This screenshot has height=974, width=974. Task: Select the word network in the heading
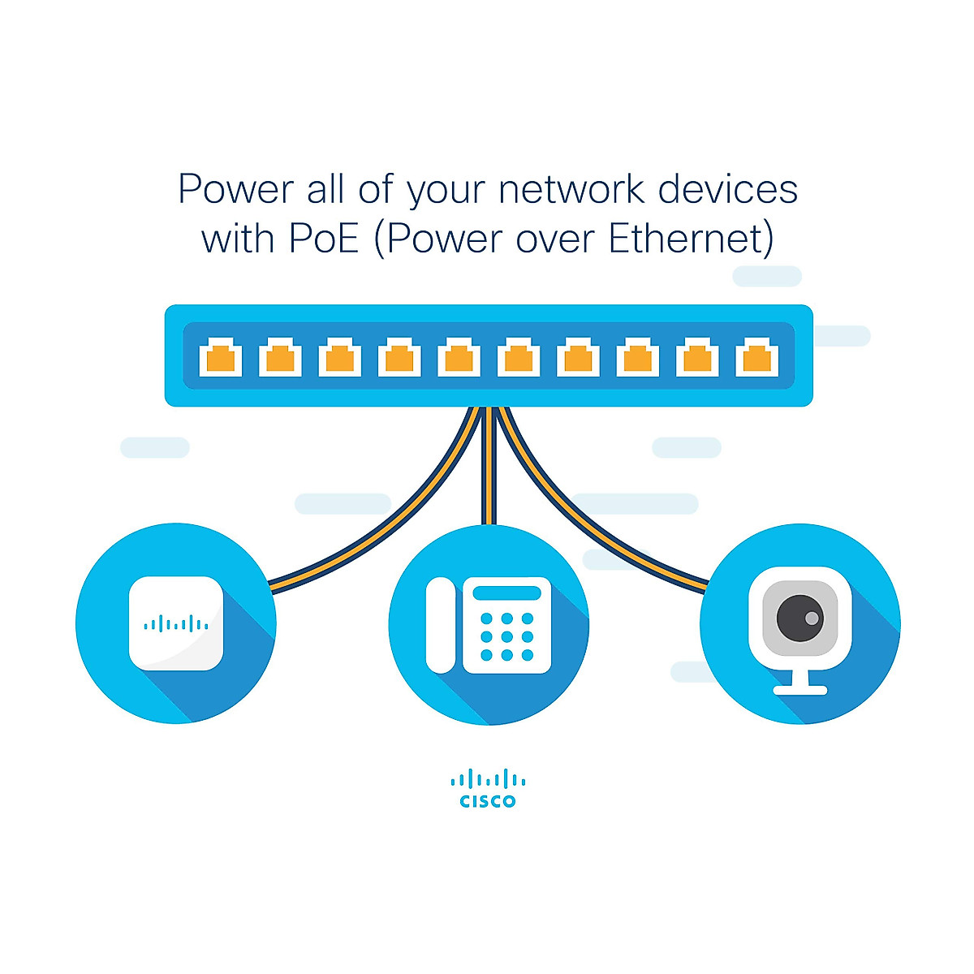click(571, 189)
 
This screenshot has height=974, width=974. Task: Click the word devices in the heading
click(728, 189)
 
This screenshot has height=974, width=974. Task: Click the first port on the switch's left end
click(221, 357)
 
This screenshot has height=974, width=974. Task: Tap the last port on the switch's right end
click(756, 357)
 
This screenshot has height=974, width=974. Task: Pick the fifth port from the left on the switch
click(459, 357)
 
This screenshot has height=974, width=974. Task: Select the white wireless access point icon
click(176, 623)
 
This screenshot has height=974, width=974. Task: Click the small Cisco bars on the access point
click(176, 623)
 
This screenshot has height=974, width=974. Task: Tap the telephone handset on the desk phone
click(441, 625)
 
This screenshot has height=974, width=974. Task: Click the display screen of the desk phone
click(507, 593)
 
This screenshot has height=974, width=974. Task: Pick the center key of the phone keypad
click(507, 636)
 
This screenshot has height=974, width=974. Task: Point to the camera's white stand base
click(800, 690)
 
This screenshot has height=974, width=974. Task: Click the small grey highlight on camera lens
click(812, 618)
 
